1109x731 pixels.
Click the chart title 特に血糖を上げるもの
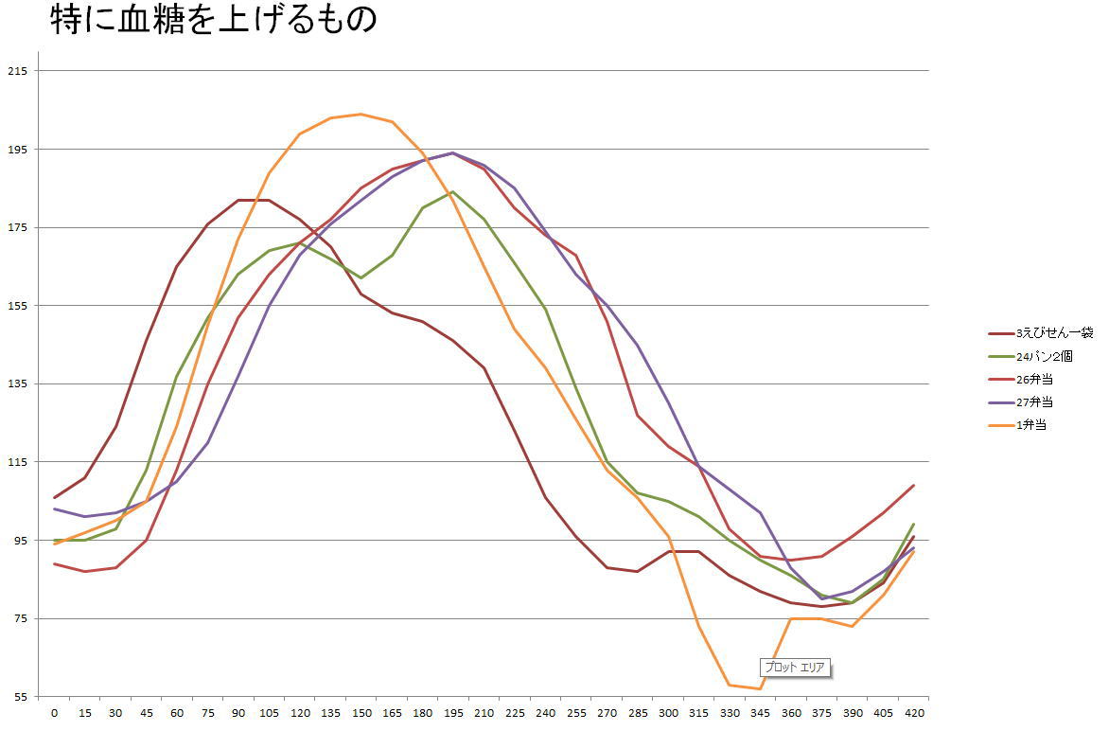pos(213,21)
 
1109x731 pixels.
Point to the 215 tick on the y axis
pos(17,71)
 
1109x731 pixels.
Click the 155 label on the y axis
pos(17,306)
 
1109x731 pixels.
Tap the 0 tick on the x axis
pos(54,713)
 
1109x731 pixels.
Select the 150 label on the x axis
pos(361,713)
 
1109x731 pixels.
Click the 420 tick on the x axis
pos(913,713)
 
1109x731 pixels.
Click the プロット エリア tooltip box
pos(794,668)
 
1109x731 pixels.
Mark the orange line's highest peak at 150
pos(361,115)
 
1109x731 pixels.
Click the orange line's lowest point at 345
pos(759,688)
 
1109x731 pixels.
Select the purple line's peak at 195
pos(452,152)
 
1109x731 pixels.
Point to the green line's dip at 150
pos(361,277)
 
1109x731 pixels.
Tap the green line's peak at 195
pos(452,191)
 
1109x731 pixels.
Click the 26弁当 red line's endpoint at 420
pos(913,486)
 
